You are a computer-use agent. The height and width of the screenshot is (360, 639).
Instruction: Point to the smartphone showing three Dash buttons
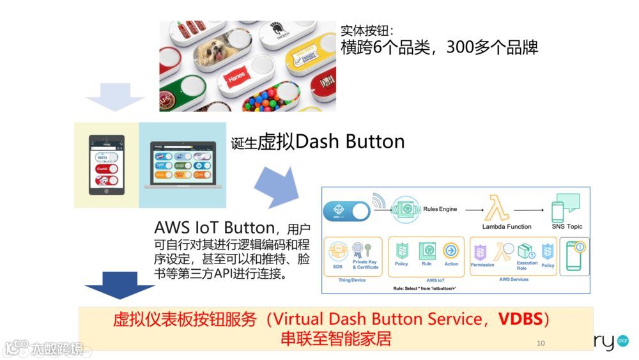tap(106, 165)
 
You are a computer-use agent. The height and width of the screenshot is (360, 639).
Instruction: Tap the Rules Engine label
tap(440, 209)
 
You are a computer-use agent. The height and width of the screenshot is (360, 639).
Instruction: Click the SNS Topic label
tap(567, 226)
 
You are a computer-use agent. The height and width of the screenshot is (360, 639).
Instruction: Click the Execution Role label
tap(527, 265)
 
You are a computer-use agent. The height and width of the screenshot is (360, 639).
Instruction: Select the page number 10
tap(541, 343)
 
